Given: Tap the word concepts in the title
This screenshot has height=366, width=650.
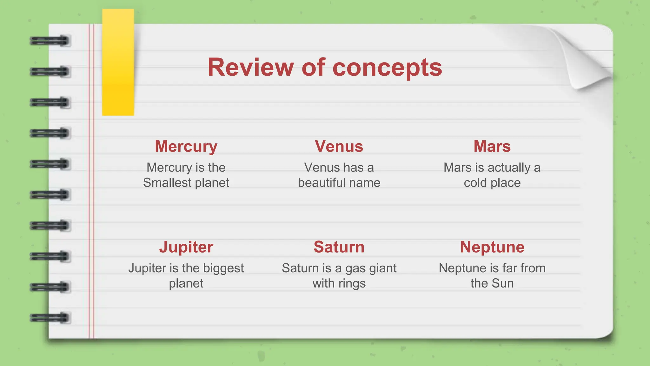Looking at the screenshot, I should [387, 68].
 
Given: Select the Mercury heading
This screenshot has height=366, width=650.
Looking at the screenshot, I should [186, 146].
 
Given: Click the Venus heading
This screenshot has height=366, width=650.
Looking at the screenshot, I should [339, 146].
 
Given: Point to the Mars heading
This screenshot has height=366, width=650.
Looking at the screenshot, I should [492, 146].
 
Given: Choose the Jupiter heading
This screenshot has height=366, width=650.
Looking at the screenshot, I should [186, 247].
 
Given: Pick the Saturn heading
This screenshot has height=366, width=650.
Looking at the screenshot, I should [339, 247].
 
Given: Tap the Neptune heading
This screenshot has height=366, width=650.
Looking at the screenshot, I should [492, 247].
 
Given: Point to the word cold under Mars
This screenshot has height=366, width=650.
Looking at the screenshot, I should [475, 183].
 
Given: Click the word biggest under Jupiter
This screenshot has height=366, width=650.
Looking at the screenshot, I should [223, 268].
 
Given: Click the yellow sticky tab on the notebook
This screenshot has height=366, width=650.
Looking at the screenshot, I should [118, 62].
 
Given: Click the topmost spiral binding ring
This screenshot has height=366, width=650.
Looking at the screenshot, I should [50, 41].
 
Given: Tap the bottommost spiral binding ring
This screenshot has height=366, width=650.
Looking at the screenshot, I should [50, 318].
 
